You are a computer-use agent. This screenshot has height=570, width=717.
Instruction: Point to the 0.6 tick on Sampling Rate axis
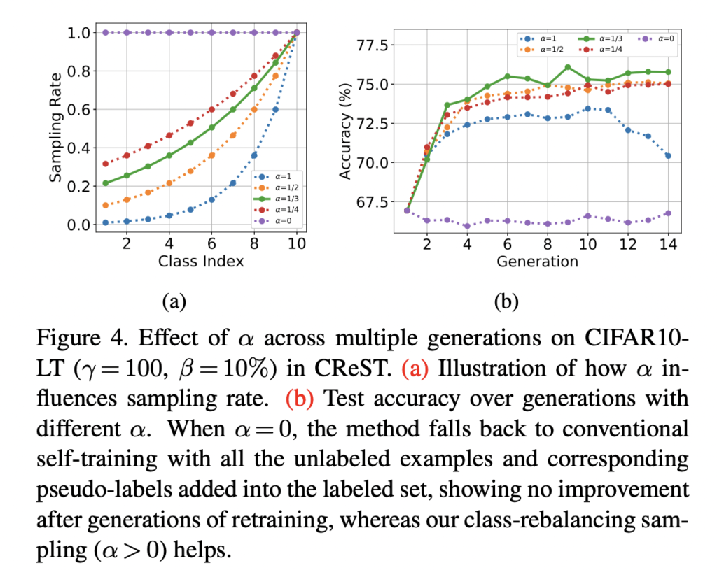82,109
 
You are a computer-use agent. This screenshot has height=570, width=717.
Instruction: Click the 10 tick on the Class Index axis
296,243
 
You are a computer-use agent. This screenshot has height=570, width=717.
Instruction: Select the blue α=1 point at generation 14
668,156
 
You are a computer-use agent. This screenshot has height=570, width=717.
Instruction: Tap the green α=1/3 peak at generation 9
567,67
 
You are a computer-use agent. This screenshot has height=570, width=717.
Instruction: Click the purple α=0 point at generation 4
466,226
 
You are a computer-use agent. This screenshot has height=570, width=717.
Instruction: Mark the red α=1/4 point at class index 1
104,164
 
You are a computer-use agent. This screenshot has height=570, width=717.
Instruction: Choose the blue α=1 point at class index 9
275,109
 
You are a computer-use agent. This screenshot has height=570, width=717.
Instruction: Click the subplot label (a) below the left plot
174,301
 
